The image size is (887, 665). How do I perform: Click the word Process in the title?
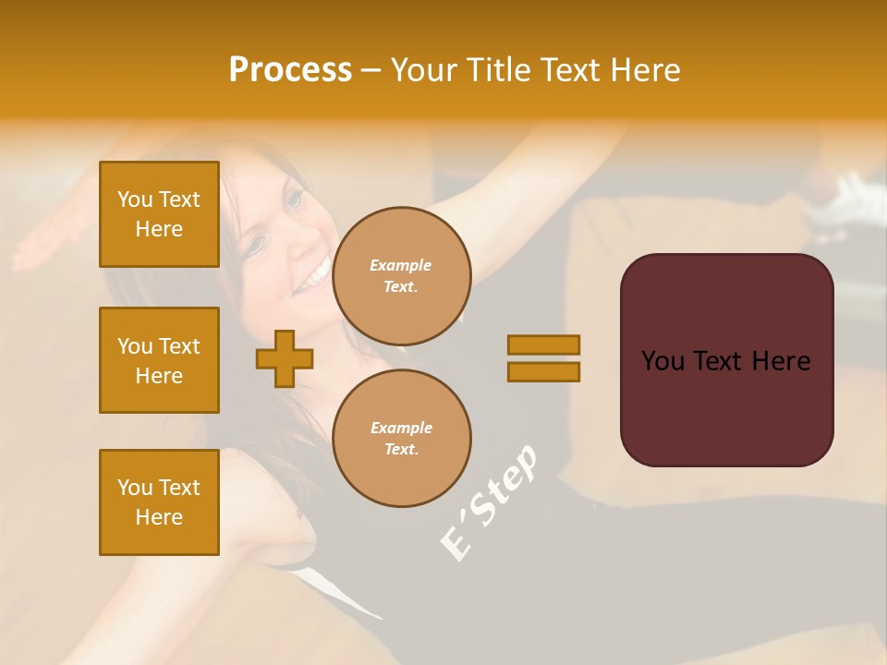coord(290,70)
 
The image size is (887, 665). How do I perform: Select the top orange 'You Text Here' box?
coord(159,214)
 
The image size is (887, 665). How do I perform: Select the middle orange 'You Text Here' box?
coord(159,360)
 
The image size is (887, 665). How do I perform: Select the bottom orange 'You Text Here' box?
coord(159,502)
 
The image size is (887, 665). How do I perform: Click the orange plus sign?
coord(285,358)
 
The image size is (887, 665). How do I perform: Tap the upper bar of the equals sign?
coord(543,345)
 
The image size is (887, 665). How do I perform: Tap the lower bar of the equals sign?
coord(543,371)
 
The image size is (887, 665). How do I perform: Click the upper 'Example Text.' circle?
coord(401,275)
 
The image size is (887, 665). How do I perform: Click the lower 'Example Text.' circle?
coord(401,438)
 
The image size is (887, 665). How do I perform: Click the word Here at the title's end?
coord(645,70)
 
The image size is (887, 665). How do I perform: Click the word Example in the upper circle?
coord(401,265)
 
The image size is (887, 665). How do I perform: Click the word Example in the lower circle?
coord(401,428)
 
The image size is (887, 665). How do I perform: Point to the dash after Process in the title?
coord(371,71)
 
